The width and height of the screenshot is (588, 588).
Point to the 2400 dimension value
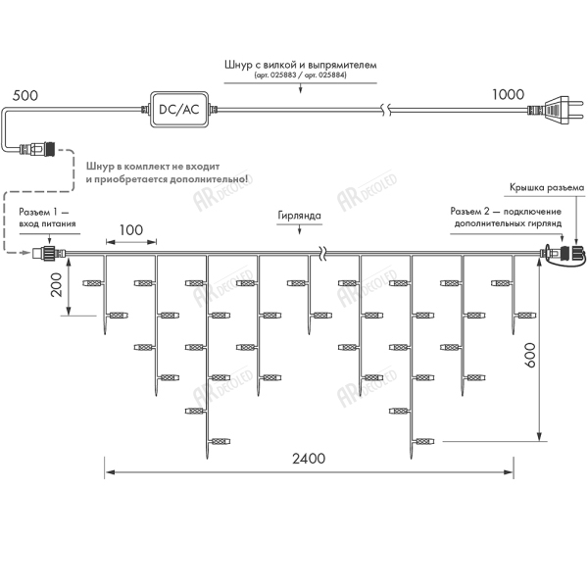[311, 460]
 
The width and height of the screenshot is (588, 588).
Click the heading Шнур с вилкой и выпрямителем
[301, 64]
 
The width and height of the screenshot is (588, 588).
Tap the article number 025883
[276, 75]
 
